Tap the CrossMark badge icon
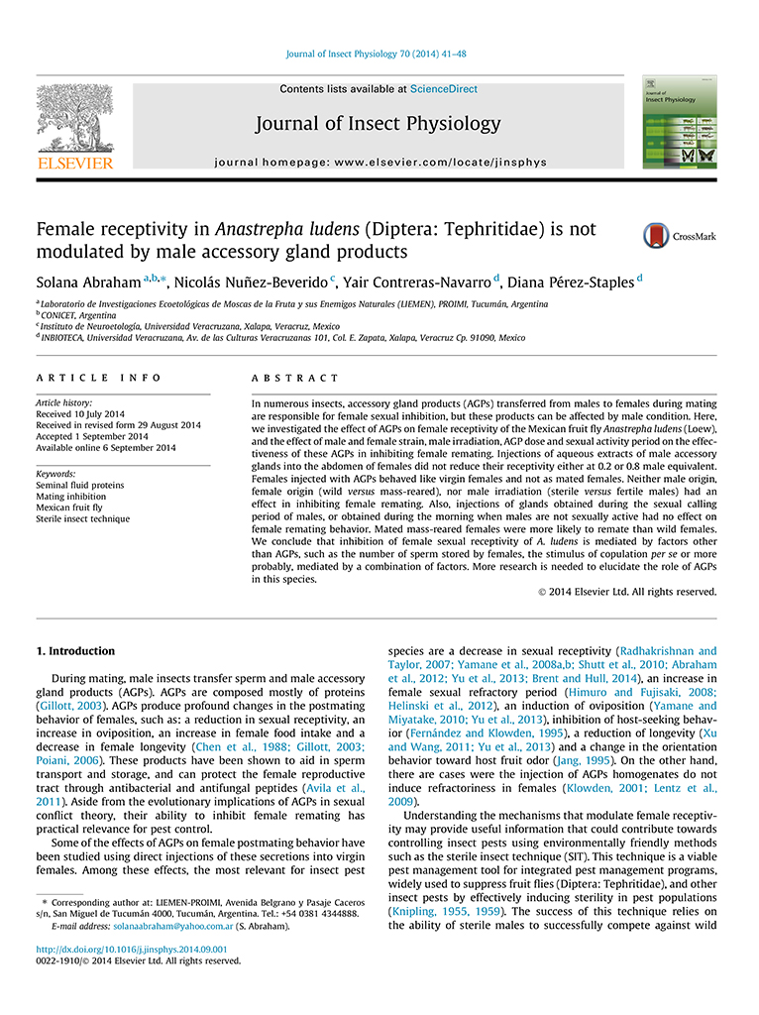tap(656, 236)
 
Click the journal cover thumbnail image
tap(679, 121)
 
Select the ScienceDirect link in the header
tap(443, 89)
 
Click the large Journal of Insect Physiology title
tap(378, 124)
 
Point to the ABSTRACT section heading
tap(294, 378)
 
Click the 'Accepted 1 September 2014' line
tap(91, 436)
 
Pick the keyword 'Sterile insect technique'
tap(82, 518)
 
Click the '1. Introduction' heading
tap(75, 651)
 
